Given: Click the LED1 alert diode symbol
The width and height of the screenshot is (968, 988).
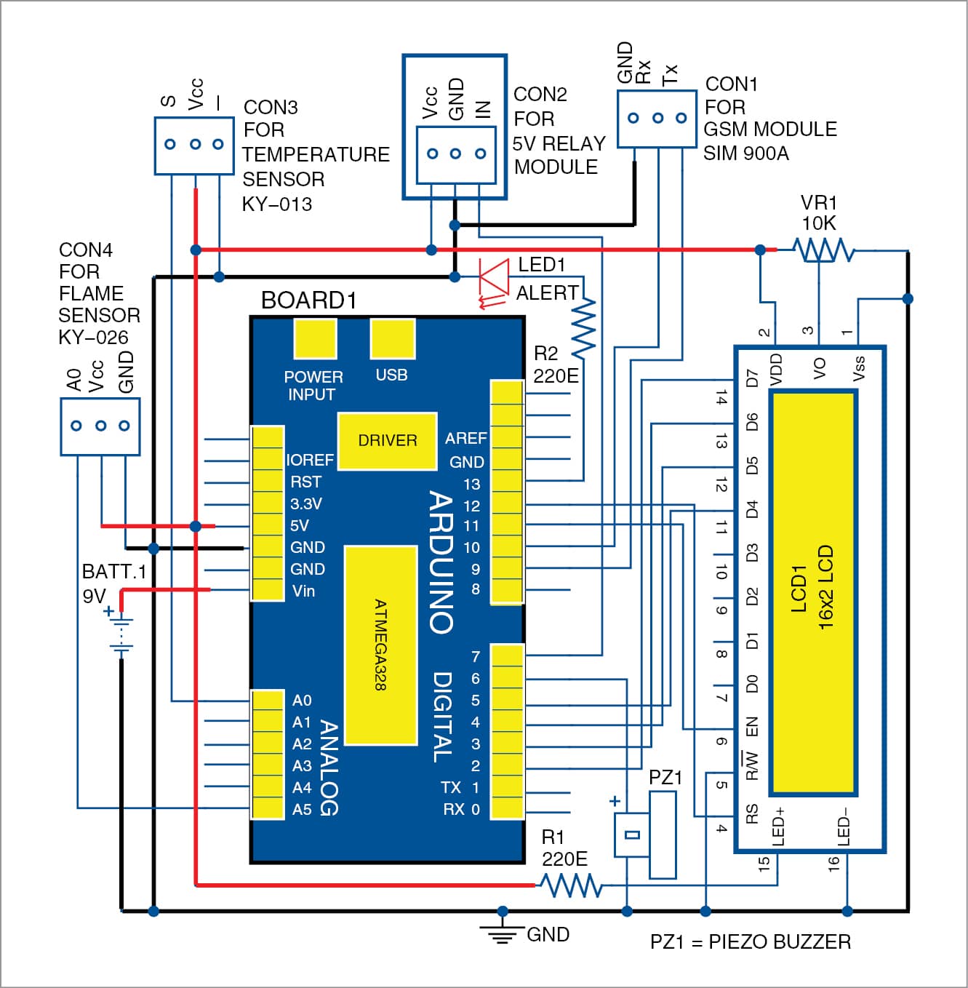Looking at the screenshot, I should (495, 277).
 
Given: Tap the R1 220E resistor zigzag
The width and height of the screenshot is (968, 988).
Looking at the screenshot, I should (570, 885).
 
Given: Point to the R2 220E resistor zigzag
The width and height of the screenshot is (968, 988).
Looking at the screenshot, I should (583, 327).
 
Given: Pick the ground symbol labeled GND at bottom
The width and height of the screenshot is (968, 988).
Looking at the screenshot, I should (502, 930).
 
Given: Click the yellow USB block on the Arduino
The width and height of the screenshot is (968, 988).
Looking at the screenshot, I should (392, 338).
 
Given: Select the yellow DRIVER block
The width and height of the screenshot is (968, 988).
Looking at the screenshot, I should (387, 441).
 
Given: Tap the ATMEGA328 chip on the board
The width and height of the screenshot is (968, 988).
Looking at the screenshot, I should (380, 645).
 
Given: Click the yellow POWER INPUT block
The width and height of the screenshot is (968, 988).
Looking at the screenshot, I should (315, 338).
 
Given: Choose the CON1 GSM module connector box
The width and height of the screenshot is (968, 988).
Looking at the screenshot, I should (657, 119).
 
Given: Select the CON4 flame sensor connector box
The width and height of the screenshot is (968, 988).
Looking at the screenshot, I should (100, 426).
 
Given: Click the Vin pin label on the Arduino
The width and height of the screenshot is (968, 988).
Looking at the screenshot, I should (303, 591).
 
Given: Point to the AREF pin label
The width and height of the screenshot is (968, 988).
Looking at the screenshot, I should (465, 438).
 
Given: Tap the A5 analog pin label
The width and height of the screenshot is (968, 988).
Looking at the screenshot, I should (301, 809).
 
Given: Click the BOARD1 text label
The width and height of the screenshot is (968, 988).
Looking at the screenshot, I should (308, 300).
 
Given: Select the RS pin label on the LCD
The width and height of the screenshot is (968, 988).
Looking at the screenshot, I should (752, 813).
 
